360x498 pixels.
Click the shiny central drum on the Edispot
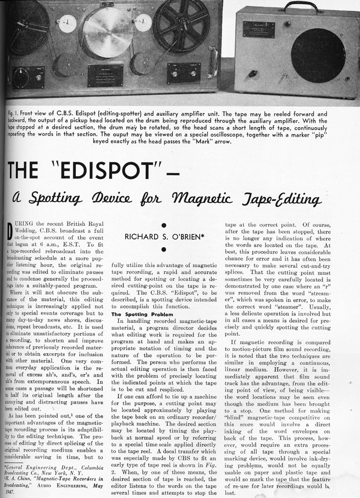[107, 32]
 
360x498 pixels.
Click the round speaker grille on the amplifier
[318, 55]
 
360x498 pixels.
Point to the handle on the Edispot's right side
[214, 60]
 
